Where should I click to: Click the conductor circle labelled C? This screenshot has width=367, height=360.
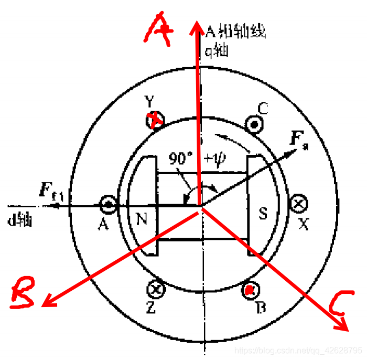[x=255, y=124]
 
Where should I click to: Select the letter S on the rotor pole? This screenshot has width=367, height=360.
[x=264, y=213]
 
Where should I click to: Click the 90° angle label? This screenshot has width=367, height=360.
[x=180, y=158]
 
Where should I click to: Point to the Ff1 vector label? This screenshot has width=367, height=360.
[x=51, y=190]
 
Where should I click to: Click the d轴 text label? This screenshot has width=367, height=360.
[x=21, y=219]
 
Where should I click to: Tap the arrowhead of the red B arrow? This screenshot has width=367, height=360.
[x=47, y=303]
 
